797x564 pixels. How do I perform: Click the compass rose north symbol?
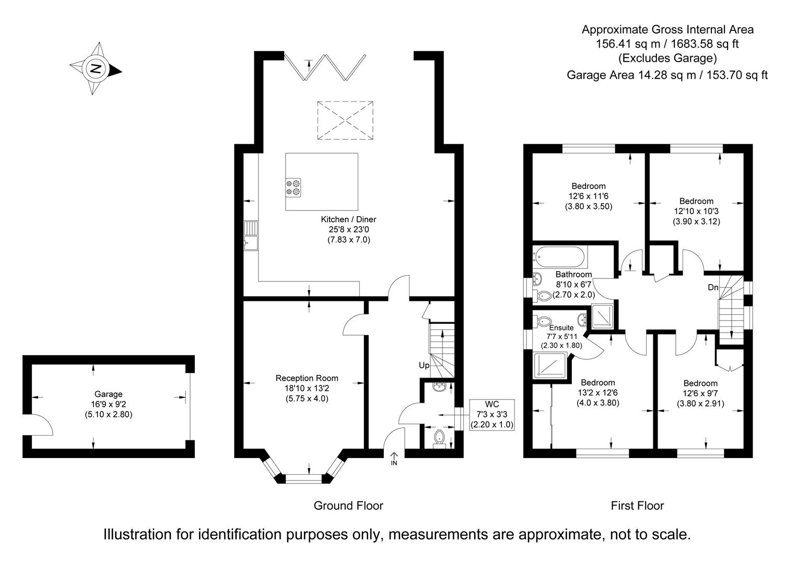(96, 69)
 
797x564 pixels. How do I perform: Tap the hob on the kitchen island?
(293, 187)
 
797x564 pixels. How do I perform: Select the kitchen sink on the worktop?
(251, 236)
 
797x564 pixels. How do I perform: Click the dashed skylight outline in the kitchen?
(345, 120)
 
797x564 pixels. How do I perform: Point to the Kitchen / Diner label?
(348, 219)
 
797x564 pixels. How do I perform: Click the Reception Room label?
(307, 378)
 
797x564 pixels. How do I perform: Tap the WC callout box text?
(491, 414)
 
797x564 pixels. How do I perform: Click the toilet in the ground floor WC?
(440, 438)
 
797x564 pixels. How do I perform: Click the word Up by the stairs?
(424, 366)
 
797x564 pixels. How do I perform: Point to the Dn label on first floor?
(713, 287)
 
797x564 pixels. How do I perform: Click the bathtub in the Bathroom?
(560, 257)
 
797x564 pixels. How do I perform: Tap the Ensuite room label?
(561, 327)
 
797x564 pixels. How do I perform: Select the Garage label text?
(108, 394)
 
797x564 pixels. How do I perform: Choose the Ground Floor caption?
(348, 506)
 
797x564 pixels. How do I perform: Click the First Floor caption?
(637, 506)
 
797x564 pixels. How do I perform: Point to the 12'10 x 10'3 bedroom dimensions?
(696, 211)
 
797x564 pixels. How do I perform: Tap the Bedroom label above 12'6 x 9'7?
(700, 383)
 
